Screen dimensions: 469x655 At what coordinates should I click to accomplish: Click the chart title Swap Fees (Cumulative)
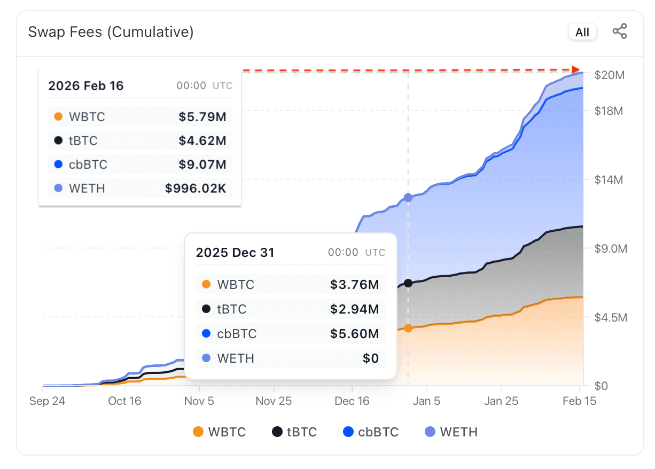111,32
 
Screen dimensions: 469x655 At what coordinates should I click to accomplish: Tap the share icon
620,32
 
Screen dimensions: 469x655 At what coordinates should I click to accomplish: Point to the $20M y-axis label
609,75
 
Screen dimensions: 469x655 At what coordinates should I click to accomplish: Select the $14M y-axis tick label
609,180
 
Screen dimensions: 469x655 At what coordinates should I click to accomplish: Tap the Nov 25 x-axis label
274,401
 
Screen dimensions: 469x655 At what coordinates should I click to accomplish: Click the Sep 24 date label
47,401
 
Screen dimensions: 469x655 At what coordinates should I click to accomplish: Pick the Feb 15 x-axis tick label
580,401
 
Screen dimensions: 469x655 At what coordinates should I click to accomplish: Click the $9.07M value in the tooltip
202,165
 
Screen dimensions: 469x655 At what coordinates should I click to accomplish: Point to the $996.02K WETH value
196,189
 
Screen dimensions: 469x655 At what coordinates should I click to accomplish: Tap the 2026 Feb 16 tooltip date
86,86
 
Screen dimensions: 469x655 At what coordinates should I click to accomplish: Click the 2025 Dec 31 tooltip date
235,253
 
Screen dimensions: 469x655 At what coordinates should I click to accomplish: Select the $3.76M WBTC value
354,285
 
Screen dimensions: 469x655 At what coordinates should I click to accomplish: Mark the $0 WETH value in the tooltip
371,358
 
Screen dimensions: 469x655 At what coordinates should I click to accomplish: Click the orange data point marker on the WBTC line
408,328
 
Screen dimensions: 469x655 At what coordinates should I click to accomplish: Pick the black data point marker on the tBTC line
408,283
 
